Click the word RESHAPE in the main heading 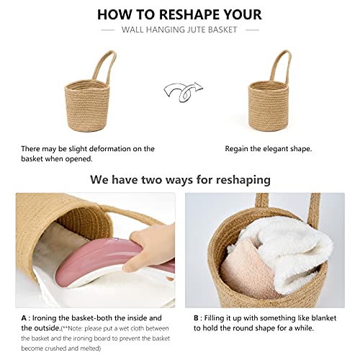pyautogui.click(x=186, y=14)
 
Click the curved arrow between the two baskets pyautogui.click(x=184, y=91)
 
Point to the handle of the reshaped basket pyautogui.click(x=280, y=67)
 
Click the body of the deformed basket pyautogui.click(x=87, y=106)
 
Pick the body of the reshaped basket pyautogui.click(x=269, y=106)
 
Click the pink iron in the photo pyautogui.click(x=113, y=261)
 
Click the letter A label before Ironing pyautogui.click(x=24, y=318)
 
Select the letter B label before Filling pyautogui.click(x=196, y=318)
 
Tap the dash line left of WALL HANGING pyautogui.click(x=108, y=30)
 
